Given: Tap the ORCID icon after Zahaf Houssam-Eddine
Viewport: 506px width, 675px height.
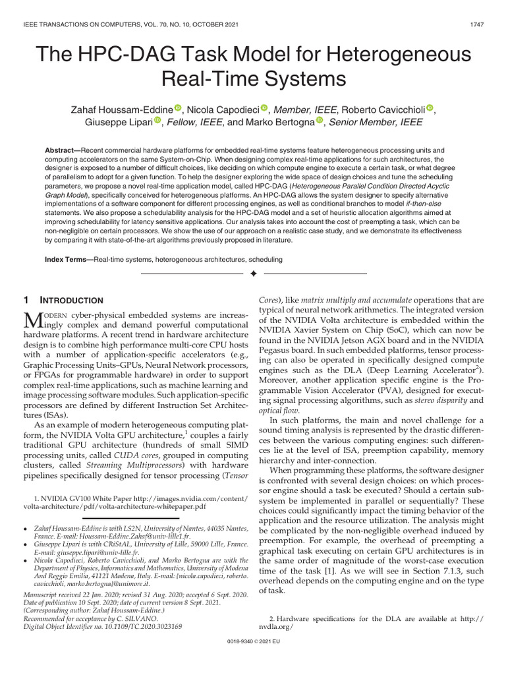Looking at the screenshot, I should pyautogui.click(x=177, y=108).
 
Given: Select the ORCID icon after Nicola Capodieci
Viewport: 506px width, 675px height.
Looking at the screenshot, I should pyautogui.click(x=265, y=108).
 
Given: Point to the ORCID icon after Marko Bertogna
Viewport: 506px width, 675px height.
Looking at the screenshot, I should pyautogui.click(x=320, y=121).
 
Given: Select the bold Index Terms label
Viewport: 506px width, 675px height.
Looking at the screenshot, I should pyautogui.click(x=67, y=260).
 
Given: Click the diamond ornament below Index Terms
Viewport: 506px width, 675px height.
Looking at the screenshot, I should pyautogui.click(x=253, y=274).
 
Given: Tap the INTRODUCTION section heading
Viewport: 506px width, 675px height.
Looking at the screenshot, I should pyautogui.click(x=72, y=300).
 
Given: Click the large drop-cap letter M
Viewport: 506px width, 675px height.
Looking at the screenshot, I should pyautogui.click(x=34, y=321).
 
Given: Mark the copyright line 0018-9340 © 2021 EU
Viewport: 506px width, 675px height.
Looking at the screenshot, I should pyautogui.click(x=253, y=659).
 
